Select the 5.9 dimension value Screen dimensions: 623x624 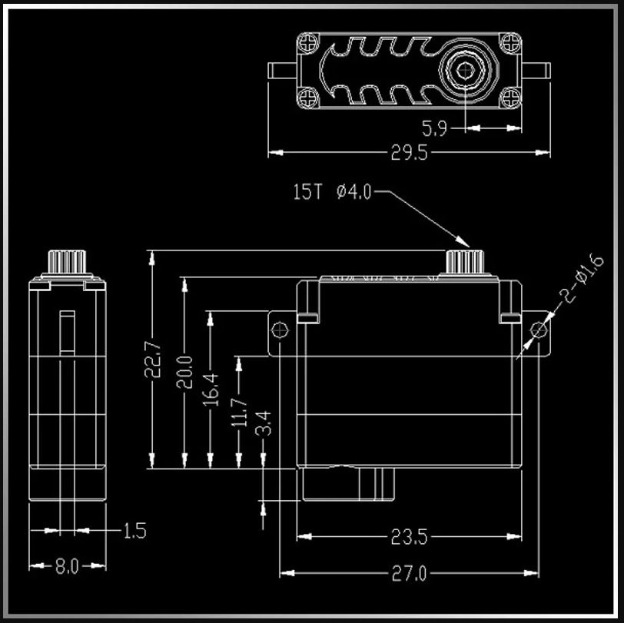[434, 128]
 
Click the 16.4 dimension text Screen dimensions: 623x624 [211, 388]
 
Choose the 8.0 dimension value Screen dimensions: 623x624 [67, 567]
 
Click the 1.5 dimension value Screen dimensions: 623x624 [134, 530]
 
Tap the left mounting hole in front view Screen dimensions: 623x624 [279, 330]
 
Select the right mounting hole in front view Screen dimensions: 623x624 [539, 330]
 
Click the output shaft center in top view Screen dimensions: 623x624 [465, 72]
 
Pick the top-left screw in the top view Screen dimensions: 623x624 [308, 42]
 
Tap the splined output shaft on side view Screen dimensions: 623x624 [66, 262]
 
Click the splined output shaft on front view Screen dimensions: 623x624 [466, 261]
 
